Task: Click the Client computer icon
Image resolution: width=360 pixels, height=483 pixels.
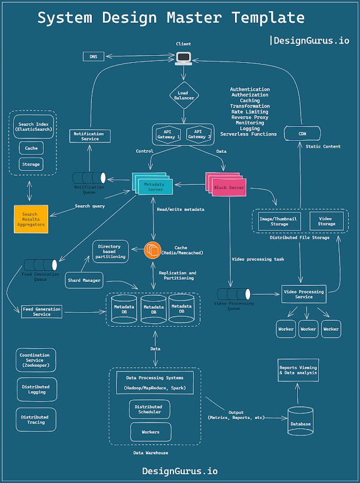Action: coord(184,57)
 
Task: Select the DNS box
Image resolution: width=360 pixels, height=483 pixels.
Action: coord(94,56)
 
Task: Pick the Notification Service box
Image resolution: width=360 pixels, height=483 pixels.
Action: coord(90,136)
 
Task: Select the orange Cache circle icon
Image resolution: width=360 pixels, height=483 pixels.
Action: coord(152,251)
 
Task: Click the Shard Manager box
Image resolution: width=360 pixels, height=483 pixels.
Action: coord(84,280)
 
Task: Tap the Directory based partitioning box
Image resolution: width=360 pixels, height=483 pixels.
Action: coord(109,251)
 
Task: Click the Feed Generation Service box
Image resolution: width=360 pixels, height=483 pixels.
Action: coord(41,311)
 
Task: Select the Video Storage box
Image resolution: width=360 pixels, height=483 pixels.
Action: coord(326,220)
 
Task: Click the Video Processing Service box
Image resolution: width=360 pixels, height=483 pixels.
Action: coord(303,293)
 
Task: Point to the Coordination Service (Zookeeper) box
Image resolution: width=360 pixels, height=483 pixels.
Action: coord(36,360)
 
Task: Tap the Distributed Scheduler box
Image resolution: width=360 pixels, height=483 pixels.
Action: coord(149,409)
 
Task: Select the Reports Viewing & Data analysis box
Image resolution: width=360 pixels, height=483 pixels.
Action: coord(298,370)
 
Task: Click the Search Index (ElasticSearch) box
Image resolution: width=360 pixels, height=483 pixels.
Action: coord(34,127)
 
